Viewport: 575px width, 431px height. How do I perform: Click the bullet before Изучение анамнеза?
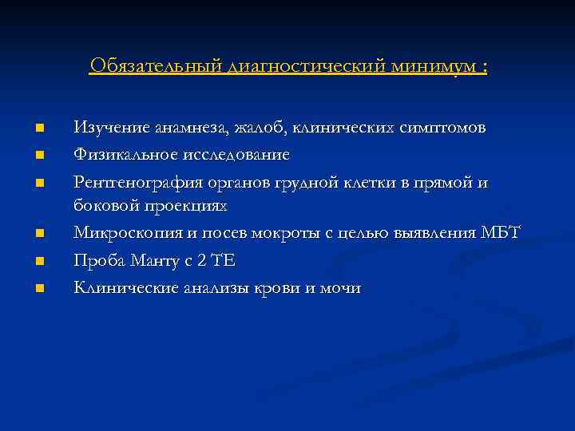(38, 128)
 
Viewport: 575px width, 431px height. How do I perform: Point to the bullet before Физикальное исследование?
(38, 154)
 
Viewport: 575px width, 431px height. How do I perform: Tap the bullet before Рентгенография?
(38, 182)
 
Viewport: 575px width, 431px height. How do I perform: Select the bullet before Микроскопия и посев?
(38, 234)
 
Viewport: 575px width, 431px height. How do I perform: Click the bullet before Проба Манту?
(38, 261)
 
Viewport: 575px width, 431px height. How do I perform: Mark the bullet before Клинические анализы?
(38, 288)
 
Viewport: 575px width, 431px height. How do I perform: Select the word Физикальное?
(122, 154)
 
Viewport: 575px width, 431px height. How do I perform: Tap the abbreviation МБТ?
(502, 233)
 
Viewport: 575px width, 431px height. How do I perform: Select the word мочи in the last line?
(341, 288)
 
